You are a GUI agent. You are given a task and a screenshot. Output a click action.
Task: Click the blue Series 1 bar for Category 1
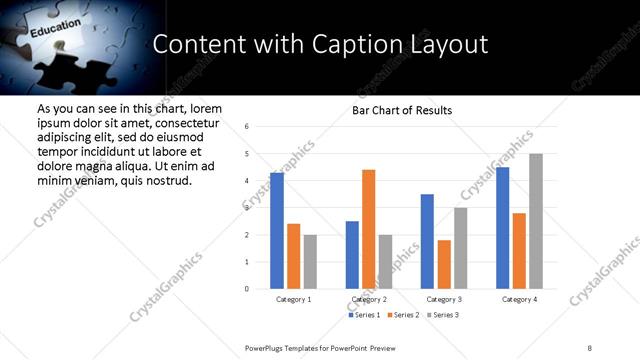click(x=277, y=231)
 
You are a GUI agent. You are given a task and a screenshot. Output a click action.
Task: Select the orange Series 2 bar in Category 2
click(x=368, y=229)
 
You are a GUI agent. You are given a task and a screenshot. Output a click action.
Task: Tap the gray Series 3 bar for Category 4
click(x=536, y=221)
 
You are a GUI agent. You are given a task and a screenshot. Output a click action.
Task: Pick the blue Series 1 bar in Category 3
click(x=427, y=241)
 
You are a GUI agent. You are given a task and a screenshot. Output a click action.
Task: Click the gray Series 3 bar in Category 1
click(x=310, y=262)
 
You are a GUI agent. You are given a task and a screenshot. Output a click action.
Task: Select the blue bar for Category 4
click(x=502, y=228)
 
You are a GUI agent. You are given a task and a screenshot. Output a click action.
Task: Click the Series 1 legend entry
click(x=364, y=315)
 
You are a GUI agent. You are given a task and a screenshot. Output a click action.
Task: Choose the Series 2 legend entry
click(x=402, y=315)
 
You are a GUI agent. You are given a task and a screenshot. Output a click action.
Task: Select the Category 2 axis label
click(x=368, y=299)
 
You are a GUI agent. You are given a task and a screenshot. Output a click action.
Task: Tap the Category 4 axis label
click(x=519, y=299)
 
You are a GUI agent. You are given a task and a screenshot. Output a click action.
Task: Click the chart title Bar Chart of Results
click(x=402, y=110)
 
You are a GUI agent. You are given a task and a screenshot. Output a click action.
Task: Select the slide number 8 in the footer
click(x=590, y=347)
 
